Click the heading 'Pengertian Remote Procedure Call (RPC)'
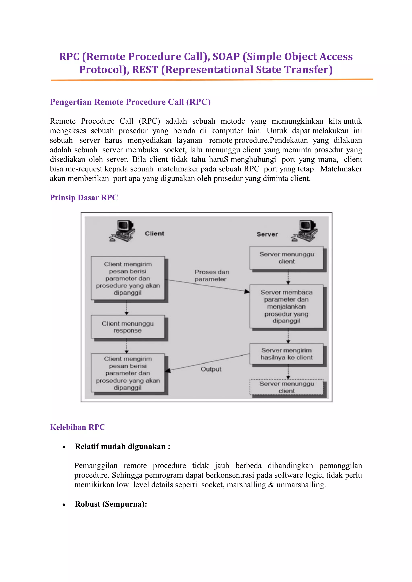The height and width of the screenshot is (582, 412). (130, 102)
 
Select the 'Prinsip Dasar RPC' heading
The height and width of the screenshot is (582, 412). (84, 198)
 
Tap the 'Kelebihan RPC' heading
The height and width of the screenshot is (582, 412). (77, 427)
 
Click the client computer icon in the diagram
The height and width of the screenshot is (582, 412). (123, 231)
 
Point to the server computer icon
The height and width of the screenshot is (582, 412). (304, 231)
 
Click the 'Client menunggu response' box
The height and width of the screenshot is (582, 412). (128, 327)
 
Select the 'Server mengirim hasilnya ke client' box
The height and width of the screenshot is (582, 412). (286, 354)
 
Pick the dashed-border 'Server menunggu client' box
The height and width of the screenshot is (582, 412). (286, 387)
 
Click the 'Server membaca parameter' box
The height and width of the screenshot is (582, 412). (286, 306)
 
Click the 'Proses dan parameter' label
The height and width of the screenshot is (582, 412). (212, 275)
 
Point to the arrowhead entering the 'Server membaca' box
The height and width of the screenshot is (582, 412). (247, 292)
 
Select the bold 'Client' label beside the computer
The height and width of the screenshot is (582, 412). (154, 234)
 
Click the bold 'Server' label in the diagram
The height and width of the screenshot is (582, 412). (267, 234)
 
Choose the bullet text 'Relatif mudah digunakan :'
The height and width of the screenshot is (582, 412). (123, 446)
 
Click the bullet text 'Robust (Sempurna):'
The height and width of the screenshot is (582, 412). (111, 504)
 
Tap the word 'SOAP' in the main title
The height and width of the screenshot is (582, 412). (226, 56)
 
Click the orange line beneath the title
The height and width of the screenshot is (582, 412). (212, 80)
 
